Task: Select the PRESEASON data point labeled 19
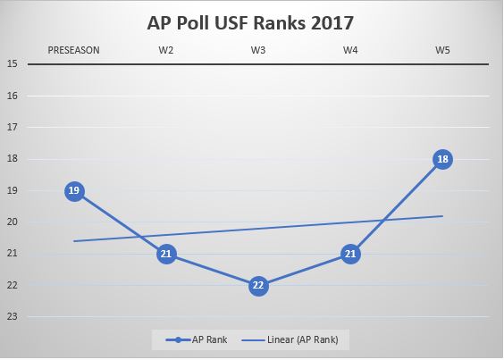pos(74,190)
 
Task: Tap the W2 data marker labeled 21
pos(166,254)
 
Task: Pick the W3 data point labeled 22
pos(258,285)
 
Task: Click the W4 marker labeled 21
pos(350,254)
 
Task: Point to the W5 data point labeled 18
pos(442,159)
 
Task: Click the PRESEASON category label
pos(74,50)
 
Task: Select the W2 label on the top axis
pos(166,50)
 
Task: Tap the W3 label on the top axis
pos(258,50)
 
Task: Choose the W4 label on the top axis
pos(350,50)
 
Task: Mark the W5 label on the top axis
pos(442,50)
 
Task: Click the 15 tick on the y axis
pos(13,64)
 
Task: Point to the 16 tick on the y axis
pos(13,96)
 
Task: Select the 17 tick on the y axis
pos(13,127)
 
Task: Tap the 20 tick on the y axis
pos(13,222)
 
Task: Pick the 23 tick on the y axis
pos(13,316)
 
